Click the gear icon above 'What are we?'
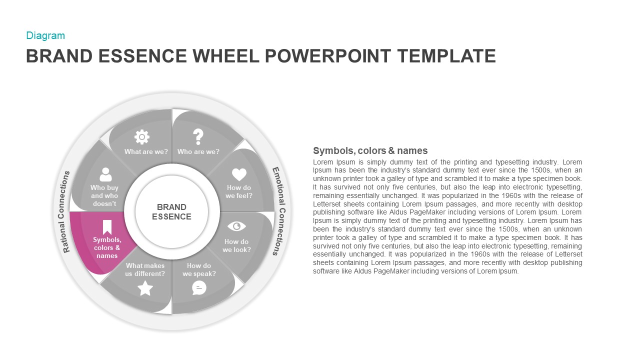pos(142,136)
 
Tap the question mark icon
pos(198,136)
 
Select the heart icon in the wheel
pos(239,174)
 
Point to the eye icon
pos(236,226)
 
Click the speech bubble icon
pos(199,287)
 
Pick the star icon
pos(145,288)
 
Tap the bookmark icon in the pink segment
pos(107,227)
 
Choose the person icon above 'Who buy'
pos(105,174)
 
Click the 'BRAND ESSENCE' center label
pos(171,211)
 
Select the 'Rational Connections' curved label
pos(66,211)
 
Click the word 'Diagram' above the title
pos(45,35)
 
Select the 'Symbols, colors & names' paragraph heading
pos(370,150)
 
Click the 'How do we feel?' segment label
pos(238,191)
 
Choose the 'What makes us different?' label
pos(145,269)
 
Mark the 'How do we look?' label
pos(236,245)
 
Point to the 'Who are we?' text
pos(198,151)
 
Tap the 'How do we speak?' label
pos(199,269)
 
